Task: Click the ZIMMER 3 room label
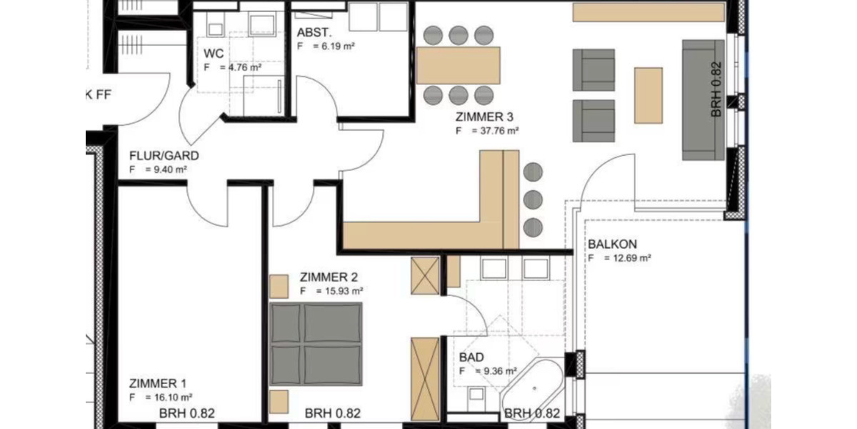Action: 483,117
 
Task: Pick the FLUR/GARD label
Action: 164,156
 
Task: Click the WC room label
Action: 214,54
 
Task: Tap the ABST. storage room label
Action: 312,32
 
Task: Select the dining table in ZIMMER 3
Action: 458,65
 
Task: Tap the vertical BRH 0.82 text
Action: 717,90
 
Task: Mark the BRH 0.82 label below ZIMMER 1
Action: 186,413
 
